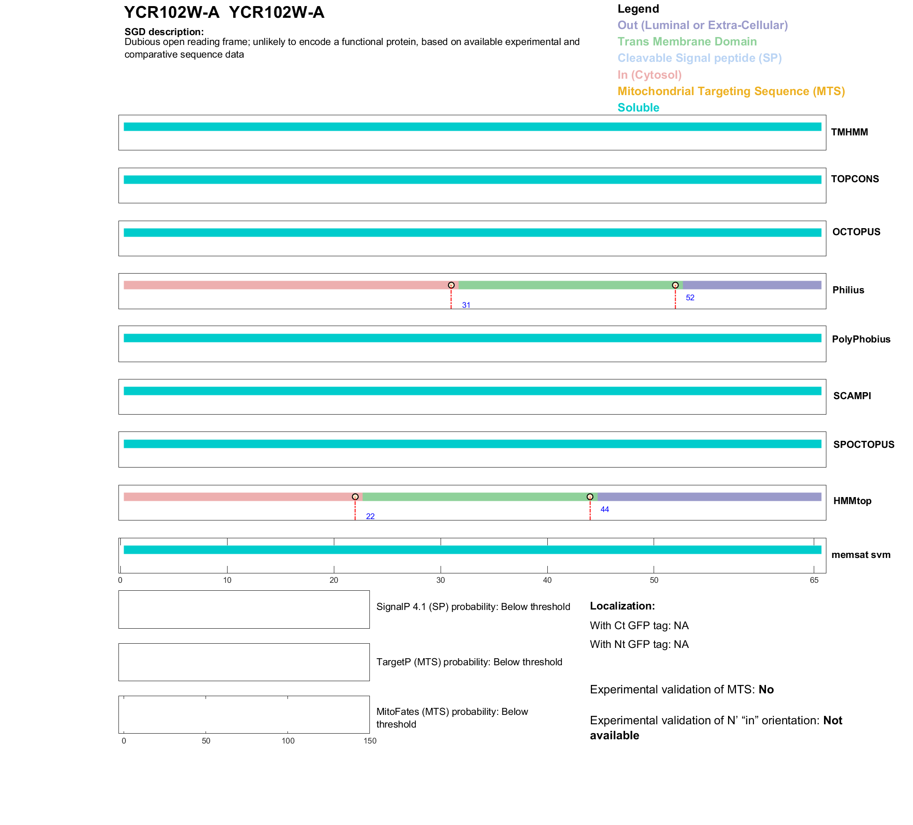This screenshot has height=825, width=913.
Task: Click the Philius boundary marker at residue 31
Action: (x=451, y=285)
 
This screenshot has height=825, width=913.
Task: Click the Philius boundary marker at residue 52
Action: (x=675, y=285)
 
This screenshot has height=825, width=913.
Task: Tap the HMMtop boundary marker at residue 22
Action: (x=355, y=497)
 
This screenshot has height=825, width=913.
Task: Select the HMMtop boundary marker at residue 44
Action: (x=590, y=497)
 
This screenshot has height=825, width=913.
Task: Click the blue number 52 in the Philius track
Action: (x=690, y=298)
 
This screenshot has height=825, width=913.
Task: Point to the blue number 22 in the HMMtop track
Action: (x=370, y=516)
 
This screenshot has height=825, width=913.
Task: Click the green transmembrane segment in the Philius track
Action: (x=567, y=285)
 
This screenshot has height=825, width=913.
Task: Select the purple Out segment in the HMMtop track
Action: (x=709, y=497)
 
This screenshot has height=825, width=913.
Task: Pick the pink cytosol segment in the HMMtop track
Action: (x=239, y=497)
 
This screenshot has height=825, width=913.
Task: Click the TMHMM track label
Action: (x=849, y=132)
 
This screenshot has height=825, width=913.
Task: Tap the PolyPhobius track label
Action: (x=861, y=339)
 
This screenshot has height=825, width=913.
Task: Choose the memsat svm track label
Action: (x=861, y=555)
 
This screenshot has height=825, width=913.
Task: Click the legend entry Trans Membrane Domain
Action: (x=687, y=42)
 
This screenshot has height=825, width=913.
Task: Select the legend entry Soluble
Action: (x=638, y=108)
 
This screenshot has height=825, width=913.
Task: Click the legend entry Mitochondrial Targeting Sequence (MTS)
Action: (x=731, y=91)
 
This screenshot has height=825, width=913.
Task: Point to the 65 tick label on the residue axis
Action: (x=814, y=580)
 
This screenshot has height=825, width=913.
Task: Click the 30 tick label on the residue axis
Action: (x=441, y=580)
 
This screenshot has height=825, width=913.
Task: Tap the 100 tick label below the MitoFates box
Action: (x=288, y=741)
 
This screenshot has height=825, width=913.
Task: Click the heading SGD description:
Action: (x=164, y=32)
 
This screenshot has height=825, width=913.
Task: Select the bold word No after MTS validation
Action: (x=766, y=690)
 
